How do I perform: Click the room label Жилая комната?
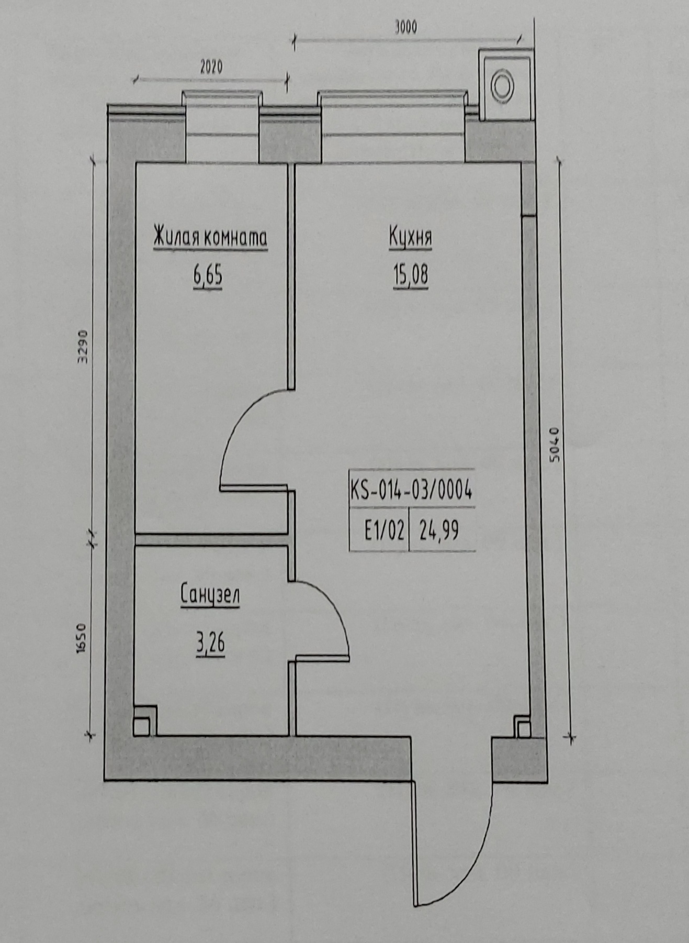(210, 237)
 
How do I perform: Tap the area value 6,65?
(208, 275)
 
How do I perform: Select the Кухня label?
(410, 237)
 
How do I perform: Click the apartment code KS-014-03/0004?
(411, 491)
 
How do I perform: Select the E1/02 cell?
(385, 531)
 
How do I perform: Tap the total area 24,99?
(439, 531)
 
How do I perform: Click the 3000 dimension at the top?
(406, 27)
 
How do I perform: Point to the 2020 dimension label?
(211, 67)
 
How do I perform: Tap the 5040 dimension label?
(555, 445)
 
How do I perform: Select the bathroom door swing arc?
(331, 607)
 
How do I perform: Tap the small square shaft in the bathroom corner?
(144, 720)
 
